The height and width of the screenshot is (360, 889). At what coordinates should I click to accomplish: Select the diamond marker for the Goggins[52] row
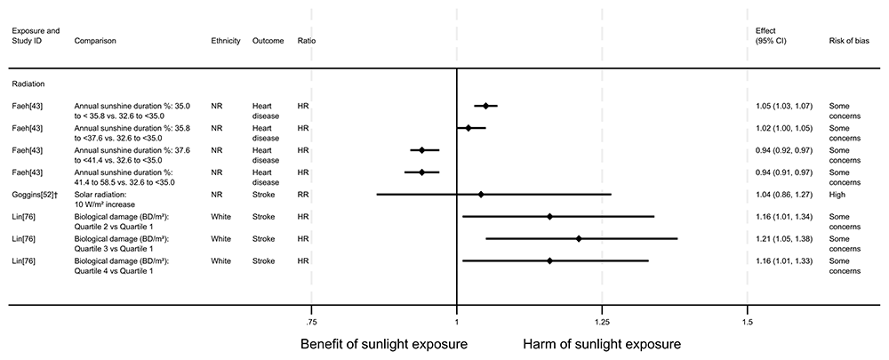click(x=481, y=194)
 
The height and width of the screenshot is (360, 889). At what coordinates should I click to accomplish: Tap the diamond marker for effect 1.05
click(x=485, y=106)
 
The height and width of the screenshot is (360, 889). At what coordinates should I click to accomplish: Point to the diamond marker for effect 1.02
click(x=469, y=128)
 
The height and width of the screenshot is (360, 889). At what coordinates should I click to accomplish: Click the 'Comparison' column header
click(x=95, y=42)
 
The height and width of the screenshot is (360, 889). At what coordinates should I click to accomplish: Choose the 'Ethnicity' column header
click(x=226, y=42)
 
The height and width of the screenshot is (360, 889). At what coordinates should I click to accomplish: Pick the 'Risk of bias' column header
click(x=848, y=42)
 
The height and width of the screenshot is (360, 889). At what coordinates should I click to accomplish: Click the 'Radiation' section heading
click(x=28, y=84)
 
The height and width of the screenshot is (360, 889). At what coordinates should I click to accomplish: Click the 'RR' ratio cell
click(x=303, y=194)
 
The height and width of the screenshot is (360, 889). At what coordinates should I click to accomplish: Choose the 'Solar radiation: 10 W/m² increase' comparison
click(x=112, y=198)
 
